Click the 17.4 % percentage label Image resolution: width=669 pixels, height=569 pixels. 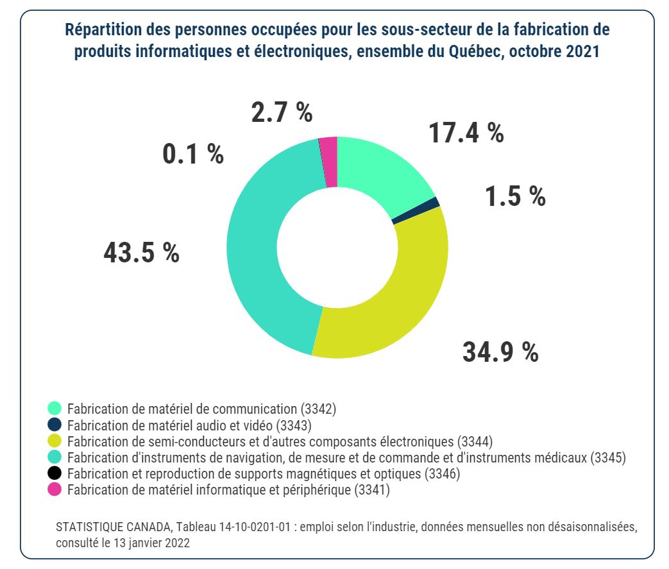(466, 133)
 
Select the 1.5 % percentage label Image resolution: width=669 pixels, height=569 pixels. (515, 197)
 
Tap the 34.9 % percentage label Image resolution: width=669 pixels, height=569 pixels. (500, 352)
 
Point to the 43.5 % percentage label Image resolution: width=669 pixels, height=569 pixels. (141, 253)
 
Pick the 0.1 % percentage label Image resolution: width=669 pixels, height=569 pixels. (193, 154)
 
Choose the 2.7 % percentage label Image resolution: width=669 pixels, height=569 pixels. (282, 112)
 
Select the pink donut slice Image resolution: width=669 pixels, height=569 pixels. (329, 162)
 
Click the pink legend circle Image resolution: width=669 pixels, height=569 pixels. (55, 490)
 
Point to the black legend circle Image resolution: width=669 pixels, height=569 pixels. (55, 473)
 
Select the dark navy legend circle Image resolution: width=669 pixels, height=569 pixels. (55, 424)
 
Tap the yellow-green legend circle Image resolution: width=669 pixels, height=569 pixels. (55, 441)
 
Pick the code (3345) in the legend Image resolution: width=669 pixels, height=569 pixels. (608, 457)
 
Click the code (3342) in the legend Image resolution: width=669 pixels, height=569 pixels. (319, 408)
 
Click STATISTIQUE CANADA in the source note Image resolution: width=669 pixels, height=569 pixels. (114, 526)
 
